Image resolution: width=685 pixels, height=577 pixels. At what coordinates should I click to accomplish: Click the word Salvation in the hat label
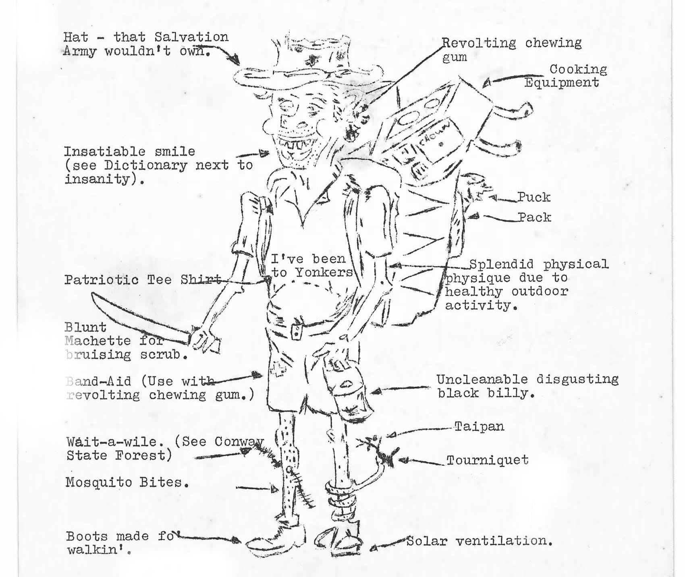pyautogui.click(x=191, y=37)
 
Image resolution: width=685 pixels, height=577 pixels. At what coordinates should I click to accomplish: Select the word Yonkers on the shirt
pyautogui.click(x=324, y=273)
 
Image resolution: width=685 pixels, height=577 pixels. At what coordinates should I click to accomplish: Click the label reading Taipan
pyautogui.click(x=479, y=426)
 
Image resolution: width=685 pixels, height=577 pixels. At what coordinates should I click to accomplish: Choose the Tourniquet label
pyautogui.click(x=488, y=460)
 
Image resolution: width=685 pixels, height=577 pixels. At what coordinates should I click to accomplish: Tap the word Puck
pyautogui.click(x=534, y=197)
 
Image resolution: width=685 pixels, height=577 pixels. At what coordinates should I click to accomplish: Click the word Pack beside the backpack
pyautogui.click(x=535, y=217)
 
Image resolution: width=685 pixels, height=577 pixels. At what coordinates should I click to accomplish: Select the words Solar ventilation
pyautogui.click(x=479, y=541)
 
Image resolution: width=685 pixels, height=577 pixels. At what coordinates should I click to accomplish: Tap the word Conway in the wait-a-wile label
pyautogui.click(x=239, y=442)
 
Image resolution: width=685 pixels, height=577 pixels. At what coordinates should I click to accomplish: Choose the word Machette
pyautogui.click(x=98, y=341)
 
